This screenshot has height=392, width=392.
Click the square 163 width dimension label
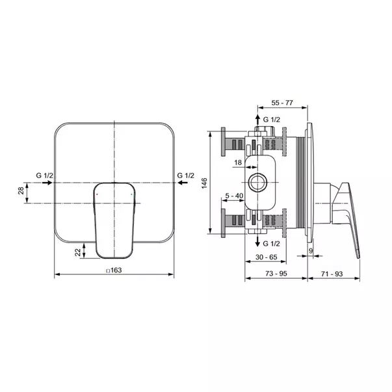pyautogui.click(x=114, y=270)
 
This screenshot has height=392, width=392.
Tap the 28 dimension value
pyautogui.click(x=21, y=190)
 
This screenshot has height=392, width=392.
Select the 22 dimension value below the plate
pyautogui.click(x=78, y=252)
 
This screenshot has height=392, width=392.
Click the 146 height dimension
pyautogui.click(x=205, y=183)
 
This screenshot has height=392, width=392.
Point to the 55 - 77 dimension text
pyautogui.click(x=282, y=103)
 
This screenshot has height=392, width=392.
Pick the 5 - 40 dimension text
pyautogui.click(x=234, y=196)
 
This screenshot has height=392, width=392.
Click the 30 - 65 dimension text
pyautogui.click(x=267, y=257)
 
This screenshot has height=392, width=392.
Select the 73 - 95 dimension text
pyautogui.click(x=276, y=274)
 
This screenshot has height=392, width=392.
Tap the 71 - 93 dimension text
pyautogui.click(x=332, y=274)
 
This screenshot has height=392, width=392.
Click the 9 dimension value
pyautogui.click(x=311, y=250)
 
